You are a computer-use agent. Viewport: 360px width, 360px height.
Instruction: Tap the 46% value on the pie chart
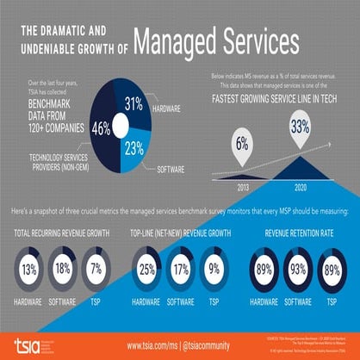click(x=101, y=129)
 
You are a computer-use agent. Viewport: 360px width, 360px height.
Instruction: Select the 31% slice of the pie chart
click(x=133, y=106)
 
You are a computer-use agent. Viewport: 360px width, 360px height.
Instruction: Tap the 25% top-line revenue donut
click(x=147, y=270)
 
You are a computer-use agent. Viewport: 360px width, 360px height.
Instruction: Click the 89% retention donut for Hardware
click(x=264, y=270)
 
